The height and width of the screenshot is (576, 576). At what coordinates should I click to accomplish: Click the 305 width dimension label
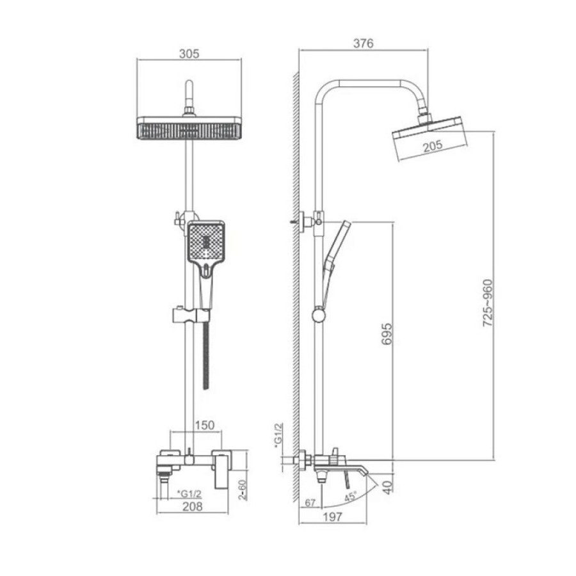pyautogui.click(x=189, y=54)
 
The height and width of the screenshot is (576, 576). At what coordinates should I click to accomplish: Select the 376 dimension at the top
pyautogui.click(x=364, y=44)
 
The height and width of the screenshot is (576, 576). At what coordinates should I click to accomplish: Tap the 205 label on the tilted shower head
pyautogui.click(x=433, y=146)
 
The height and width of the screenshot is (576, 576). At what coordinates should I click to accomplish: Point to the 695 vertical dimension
pyautogui.click(x=387, y=334)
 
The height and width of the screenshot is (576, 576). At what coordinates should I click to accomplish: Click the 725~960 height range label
pyautogui.click(x=488, y=303)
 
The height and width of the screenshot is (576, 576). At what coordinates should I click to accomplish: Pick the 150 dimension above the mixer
pyautogui.click(x=204, y=425)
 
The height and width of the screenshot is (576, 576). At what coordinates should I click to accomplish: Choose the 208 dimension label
pyautogui.click(x=193, y=507)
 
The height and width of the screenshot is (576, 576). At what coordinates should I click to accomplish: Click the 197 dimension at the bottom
pyautogui.click(x=332, y=517)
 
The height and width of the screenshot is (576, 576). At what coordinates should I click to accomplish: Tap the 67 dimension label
pyautogui.click(x=310, y=502)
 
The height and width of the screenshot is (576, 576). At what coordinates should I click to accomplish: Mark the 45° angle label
pyautogui.click(x=351, y=497)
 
